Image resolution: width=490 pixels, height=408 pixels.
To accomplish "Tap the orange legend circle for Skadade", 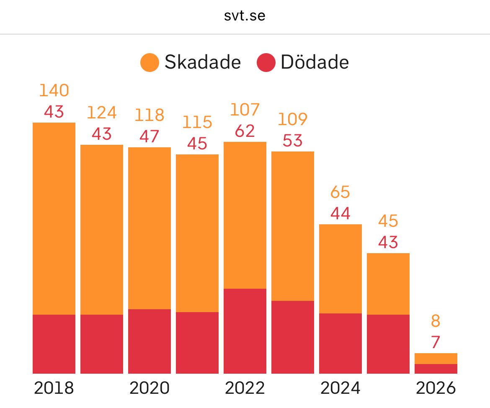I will tap(150, 63).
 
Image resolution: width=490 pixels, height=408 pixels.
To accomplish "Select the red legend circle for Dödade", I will tap(266, 63).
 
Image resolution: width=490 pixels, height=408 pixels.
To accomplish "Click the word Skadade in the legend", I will tap(202, 63).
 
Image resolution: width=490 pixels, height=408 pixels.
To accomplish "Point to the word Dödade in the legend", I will tap(315, 63).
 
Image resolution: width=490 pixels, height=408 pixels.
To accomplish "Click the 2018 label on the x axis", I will tap(54, 388).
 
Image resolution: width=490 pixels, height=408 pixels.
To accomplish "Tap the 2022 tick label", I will tap(245, 388).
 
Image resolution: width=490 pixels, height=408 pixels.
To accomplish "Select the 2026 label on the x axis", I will tap(436, 388).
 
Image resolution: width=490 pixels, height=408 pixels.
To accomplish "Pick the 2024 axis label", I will tap(340, 388).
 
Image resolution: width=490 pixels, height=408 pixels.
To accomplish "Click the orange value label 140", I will tap(54, 90).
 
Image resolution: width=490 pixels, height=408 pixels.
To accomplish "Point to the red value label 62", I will tap(245, 131).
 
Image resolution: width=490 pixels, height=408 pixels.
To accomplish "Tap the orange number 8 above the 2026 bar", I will tap(436, 321).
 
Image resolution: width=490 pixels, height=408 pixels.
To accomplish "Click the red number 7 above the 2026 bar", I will tap(436, 343).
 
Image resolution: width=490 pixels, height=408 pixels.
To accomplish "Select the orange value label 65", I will tap(340, 192).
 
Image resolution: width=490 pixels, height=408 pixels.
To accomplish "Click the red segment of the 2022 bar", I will tap(245, 331).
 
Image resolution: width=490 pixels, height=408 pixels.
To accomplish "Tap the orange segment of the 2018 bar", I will tap(54, 218).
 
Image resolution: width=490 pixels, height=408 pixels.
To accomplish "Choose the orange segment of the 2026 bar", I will tap(436, 359).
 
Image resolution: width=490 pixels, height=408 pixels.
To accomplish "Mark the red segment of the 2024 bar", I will tap(340, 343).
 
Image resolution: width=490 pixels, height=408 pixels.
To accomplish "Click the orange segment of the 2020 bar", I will tap(150, 228).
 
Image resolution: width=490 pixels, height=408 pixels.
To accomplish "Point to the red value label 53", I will tap(292, 141).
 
